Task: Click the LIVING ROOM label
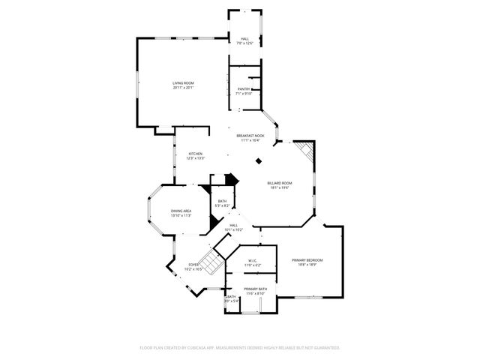[184, 82]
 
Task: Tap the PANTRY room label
[244, 89]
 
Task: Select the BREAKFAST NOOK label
[250, 136]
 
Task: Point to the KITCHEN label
[195, 154]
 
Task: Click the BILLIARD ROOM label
[280, 183]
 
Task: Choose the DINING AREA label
[181, 211]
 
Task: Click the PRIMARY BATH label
[256, 289]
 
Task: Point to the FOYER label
[193, 264]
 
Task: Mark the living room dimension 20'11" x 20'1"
[184, 88]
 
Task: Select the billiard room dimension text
[280, 187]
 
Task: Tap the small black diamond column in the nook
[259, 159]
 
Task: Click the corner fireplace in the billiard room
[304, 151]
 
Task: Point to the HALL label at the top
[244, 39]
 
